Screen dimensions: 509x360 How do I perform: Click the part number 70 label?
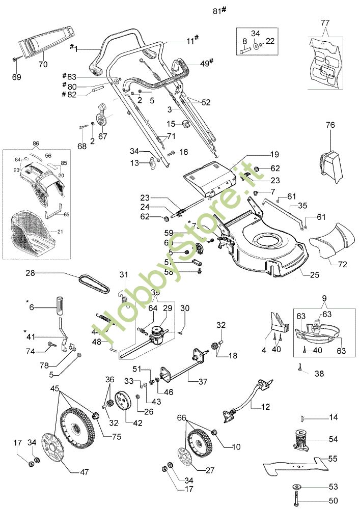click(43, 65)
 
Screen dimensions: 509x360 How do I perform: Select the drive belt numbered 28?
click(94, 283)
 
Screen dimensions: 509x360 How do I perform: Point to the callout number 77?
click(325, 23)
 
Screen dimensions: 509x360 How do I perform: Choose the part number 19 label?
click(274, 154)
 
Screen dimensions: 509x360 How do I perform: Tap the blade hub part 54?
click(300, 439)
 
